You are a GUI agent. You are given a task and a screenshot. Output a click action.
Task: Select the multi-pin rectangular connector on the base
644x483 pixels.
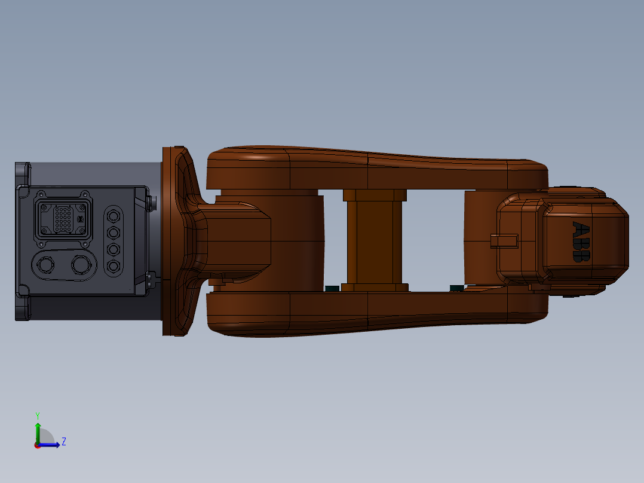point(63,219)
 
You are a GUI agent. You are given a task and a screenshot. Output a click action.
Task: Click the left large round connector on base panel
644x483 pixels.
point(45,265)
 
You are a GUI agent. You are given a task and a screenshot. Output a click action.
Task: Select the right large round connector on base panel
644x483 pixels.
point(79,265)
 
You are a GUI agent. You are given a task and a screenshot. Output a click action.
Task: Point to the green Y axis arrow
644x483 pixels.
point(38,429)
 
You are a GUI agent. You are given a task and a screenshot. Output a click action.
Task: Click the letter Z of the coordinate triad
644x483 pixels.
point(63,442)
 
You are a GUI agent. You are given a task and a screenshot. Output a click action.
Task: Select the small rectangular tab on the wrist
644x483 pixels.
point(502,240)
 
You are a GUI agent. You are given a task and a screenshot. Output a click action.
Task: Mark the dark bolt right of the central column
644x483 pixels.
point(457,288)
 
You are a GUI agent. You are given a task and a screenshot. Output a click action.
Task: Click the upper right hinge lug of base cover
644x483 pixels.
point(150,201)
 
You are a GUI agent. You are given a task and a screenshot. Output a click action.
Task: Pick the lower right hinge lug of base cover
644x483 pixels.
point(150,279)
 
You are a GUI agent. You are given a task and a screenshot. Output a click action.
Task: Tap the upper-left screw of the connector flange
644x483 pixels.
point(41,194)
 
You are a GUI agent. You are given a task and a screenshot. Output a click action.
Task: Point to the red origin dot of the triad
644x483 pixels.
point(37,445)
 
